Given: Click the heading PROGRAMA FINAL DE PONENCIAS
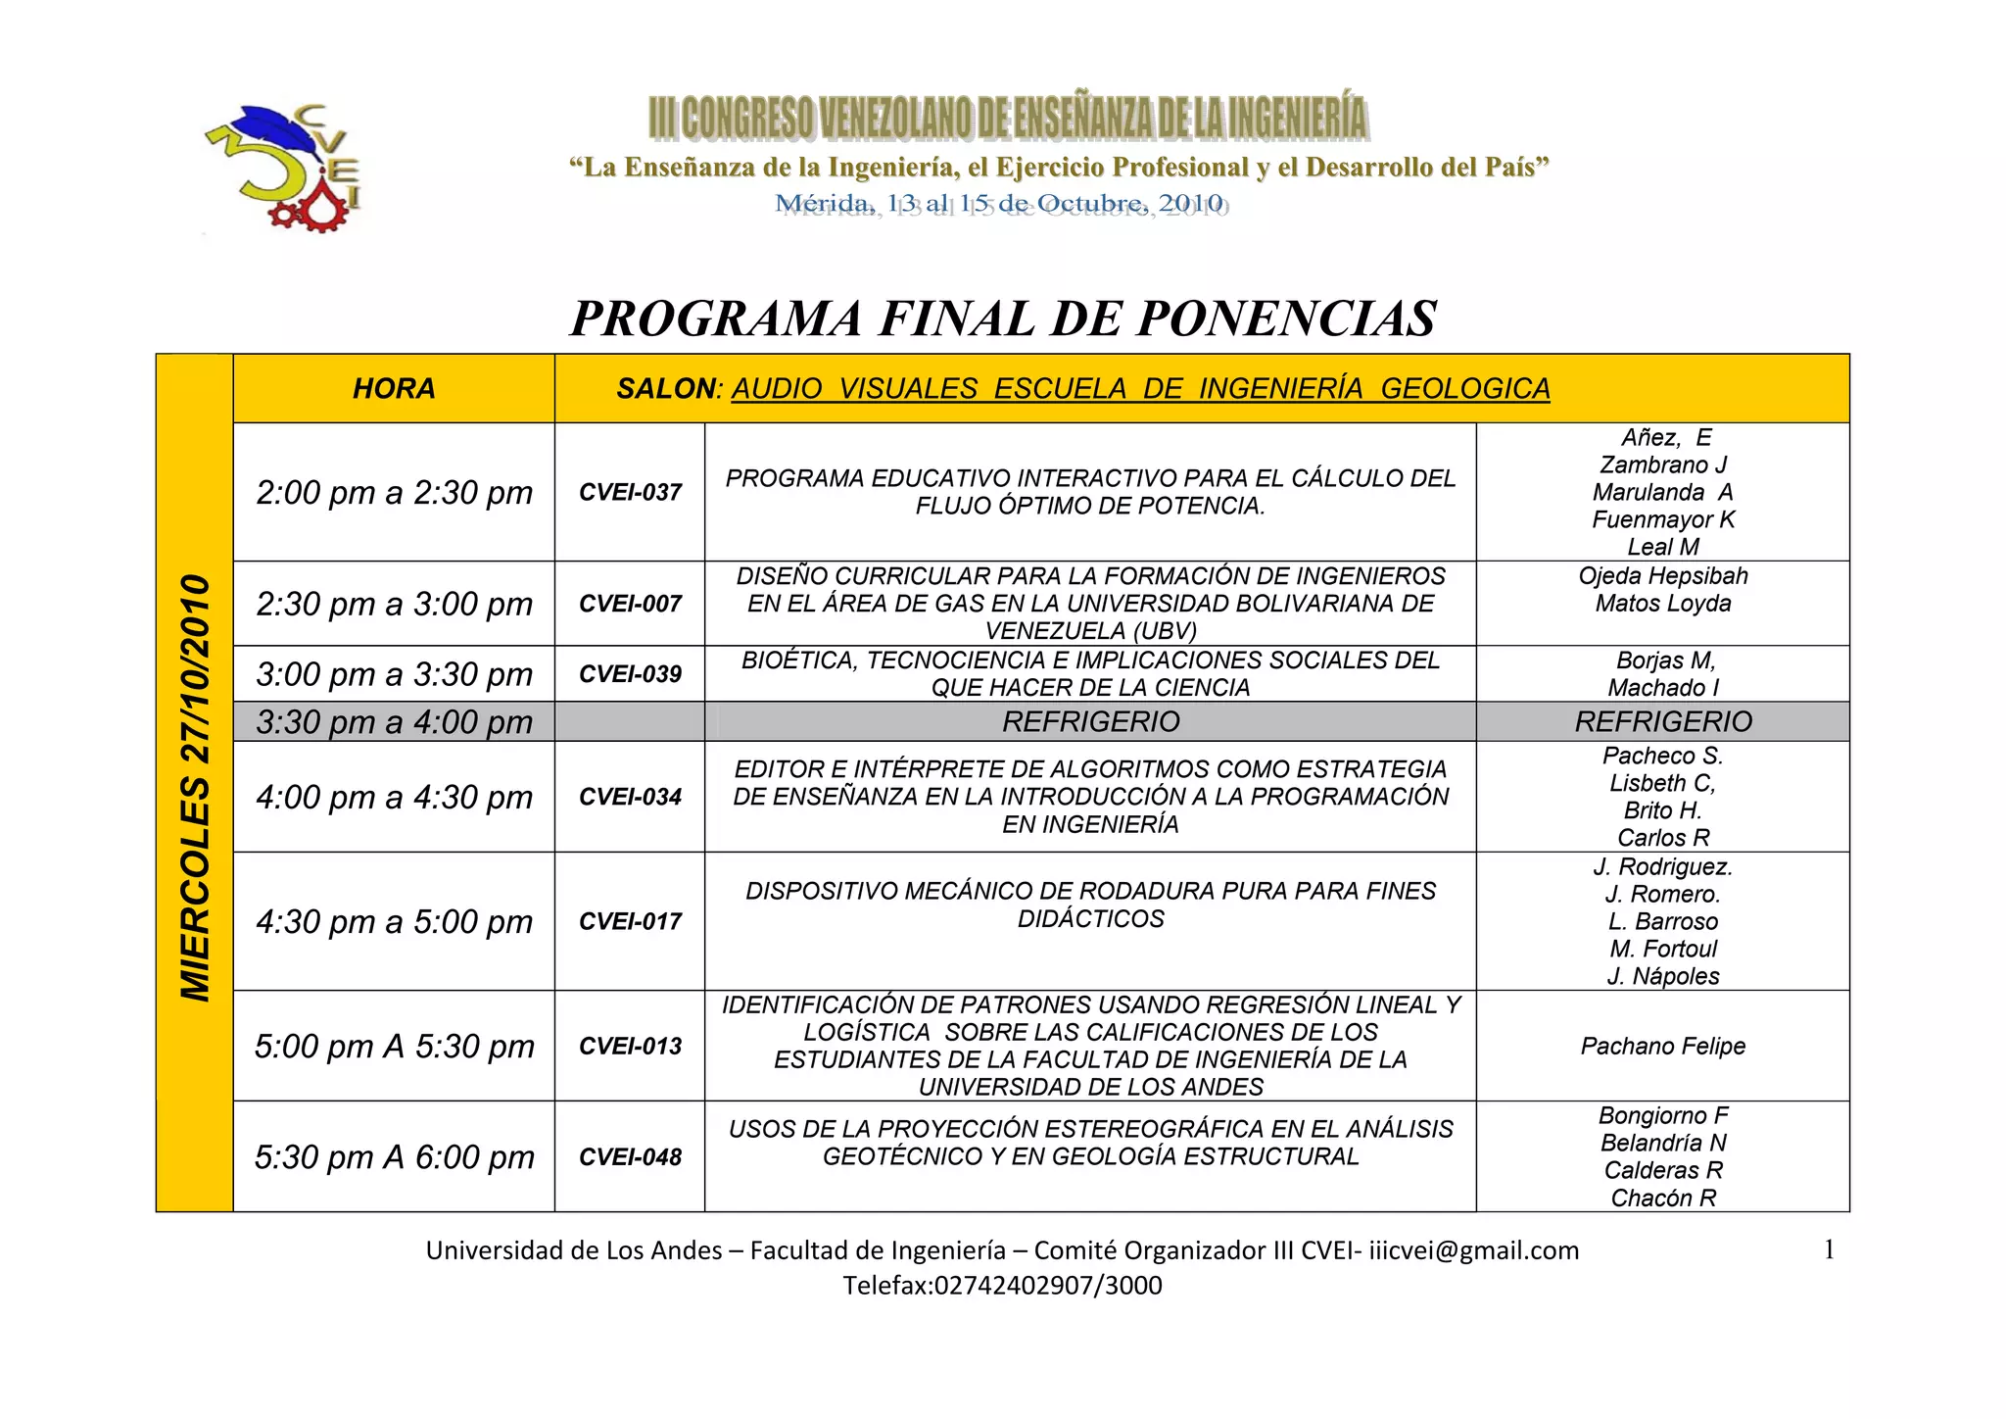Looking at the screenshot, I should (x=1003, y=318).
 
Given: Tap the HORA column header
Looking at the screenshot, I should (x=394, y=389).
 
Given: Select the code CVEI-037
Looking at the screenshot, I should (x=630, y=492).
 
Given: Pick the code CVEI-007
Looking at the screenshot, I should (x=630, y=604).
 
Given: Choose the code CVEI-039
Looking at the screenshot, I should (x=630, y=674).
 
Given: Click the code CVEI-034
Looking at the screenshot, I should (x=630, y=797).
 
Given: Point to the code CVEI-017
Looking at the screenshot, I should (x=630, y=921).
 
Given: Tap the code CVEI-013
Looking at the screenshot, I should (x=630, y=1046).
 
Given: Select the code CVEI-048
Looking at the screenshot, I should (x=630, y=1157).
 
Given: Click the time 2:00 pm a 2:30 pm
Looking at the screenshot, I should (x=394, y=492).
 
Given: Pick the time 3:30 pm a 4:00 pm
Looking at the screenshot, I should (x=394, y=722).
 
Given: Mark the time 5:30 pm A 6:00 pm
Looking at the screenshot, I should (x=394, y=1157).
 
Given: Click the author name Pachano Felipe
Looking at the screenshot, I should (x=1662, y=1046).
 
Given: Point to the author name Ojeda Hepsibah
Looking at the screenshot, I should (x=1662, y=576).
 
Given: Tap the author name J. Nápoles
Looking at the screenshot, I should (x=1662, y=976).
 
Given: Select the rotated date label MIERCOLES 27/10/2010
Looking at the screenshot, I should (x=195, y=787).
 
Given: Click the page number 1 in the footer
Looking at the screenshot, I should (x=1829, y=1249).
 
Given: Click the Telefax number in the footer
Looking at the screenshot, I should (x=1002, y=1286).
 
